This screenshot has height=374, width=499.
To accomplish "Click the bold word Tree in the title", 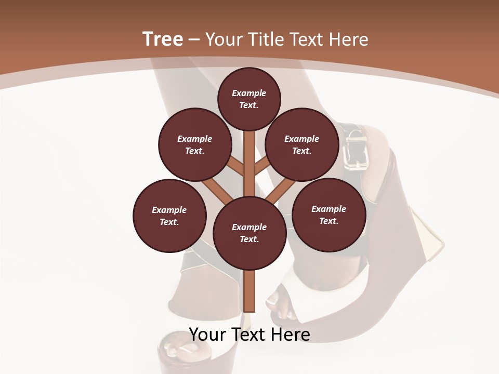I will [x=163, y=39].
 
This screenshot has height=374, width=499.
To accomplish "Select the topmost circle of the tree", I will [x=249, y=99].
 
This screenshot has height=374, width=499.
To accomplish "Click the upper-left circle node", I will [x=195, y=145].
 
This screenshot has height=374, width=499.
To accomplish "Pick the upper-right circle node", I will [x=302, y=145].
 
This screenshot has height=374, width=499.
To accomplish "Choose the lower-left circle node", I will [x=169, y=216].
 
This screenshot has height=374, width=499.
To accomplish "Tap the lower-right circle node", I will [x=329, y=215].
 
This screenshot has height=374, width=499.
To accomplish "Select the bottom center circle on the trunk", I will [x=249, y=233].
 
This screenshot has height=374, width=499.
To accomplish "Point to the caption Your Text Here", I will [x=249, y=334].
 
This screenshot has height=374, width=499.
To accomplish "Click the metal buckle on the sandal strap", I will [x=354, y=151].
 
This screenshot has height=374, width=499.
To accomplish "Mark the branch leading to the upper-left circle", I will [x=235, y=167].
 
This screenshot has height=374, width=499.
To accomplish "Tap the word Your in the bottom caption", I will [x=207, y=334].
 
